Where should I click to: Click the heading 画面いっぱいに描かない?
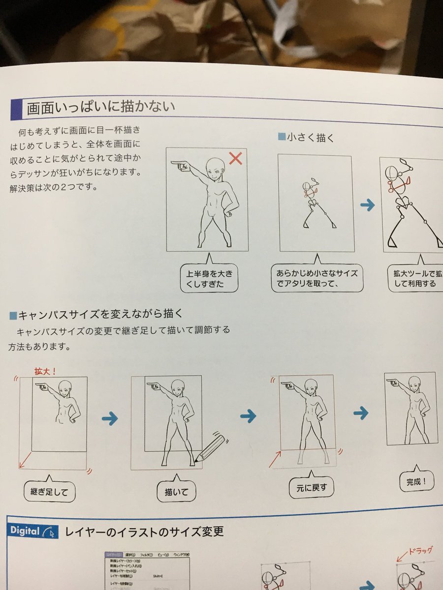click(x=101, y=107)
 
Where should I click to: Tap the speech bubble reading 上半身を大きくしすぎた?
click(x=209, y=278)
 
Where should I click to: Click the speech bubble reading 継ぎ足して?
click(x=49, y=491)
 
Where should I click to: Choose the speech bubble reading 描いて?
click(x=176, y=491)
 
